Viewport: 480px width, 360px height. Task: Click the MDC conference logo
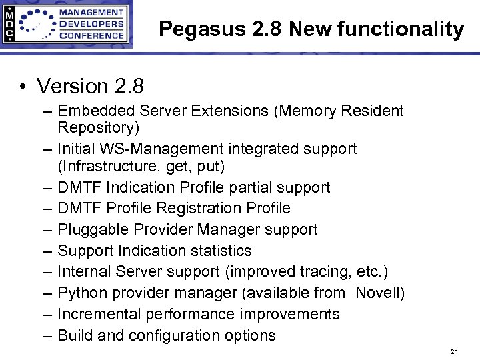[67, 24]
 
